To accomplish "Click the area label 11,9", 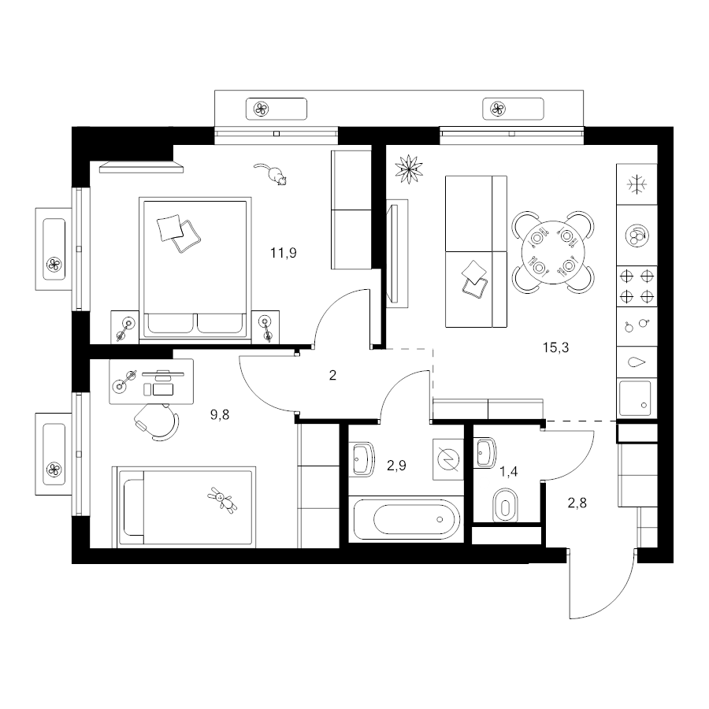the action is [x=284, y=253].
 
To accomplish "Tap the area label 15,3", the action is [x=555, y=347].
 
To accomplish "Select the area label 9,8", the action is [x=220, y=414].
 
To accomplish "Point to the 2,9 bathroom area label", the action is [x=396, y=466].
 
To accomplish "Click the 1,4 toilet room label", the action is [x=509, y=472].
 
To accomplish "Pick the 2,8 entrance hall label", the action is [x=577, y=503].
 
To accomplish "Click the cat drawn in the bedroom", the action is [x=271, y=174].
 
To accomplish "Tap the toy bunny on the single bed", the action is [x=222, y=500].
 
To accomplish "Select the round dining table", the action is [x=553, y=252].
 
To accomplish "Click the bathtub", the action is [x=407, y=519].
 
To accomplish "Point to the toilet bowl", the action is [x=506, y=505].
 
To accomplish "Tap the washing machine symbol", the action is [x=448, y=459].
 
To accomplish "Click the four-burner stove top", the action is [x=637, y=286].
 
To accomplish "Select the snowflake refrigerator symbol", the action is [x=637, y=184].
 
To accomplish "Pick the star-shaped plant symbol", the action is [x=409, y=169].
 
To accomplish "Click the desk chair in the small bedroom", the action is [x=157, y=421].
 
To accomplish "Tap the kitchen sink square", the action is [x=635, y=399].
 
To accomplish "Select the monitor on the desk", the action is [x=163, y=373].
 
